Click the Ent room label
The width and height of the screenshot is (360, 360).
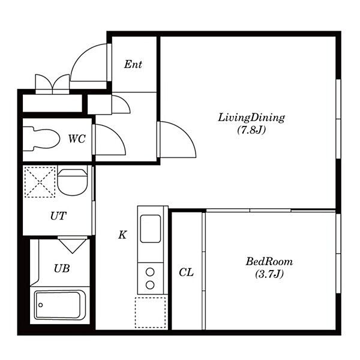(133, 64)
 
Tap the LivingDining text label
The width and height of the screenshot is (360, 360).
(251, 118)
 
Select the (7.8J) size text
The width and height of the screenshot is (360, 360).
(251, 130)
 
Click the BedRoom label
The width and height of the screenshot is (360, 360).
(269, 262)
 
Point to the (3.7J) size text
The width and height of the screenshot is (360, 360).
(269, 274)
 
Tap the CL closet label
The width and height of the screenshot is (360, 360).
(186, 272)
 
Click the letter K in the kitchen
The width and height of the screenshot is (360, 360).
(122, 235)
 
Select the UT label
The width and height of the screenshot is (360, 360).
(58, 216)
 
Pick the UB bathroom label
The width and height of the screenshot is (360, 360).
(62, 268)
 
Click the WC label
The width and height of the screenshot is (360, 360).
(77, 139)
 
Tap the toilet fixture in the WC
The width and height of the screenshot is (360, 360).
(41, 139)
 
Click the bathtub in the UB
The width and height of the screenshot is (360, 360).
(60, 305)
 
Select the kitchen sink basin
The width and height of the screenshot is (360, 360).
(151, 229)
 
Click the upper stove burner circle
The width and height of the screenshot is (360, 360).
(150, 272)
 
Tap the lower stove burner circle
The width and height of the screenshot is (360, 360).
(150, 285)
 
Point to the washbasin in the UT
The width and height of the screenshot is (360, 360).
(73, 182)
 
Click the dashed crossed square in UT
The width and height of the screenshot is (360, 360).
(40, 182)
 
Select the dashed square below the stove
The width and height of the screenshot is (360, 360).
(151, 313)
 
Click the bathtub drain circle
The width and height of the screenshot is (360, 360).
(41, 305)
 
